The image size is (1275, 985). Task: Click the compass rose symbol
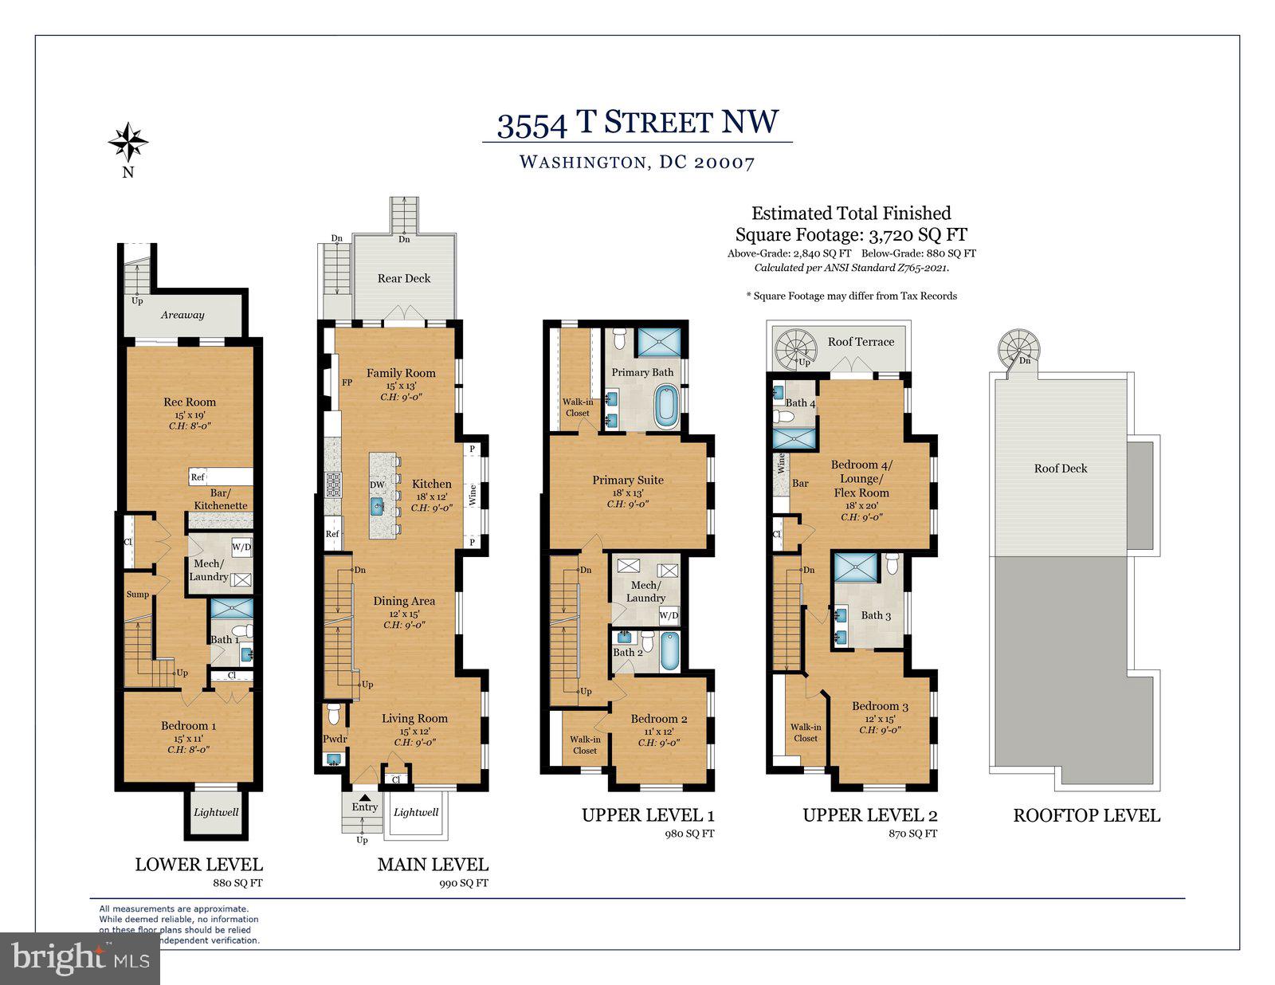click(127, 143)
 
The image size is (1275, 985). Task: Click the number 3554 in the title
click(532, 124)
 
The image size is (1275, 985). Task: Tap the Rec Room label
click(190, 402)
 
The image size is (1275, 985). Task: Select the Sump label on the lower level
click(137, 595)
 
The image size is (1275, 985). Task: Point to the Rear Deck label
click(404, 278)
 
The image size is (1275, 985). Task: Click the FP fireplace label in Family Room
click(347, 383)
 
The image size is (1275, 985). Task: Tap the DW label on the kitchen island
click(377, 485)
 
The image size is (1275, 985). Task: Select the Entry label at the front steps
click(365, 807)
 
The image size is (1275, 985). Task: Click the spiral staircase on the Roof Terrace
click(797, 348)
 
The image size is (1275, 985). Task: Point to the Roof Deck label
click(1060, 469)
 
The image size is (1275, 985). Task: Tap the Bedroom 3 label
click(880, 706)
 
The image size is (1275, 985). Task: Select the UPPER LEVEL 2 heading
click(869, 815)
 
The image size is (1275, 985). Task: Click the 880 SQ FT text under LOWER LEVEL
click(238, 883)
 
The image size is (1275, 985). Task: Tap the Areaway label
click(182, 315)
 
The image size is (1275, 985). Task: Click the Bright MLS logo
click(80, 958)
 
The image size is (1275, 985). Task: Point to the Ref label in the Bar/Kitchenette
click(198, 477)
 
